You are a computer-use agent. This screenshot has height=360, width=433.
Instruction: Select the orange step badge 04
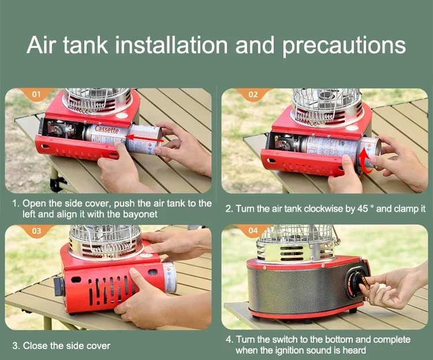pyautogui.click(x=253, y=231)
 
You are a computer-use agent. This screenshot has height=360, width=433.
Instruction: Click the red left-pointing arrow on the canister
pyautogui.click(x=144, y=138)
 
